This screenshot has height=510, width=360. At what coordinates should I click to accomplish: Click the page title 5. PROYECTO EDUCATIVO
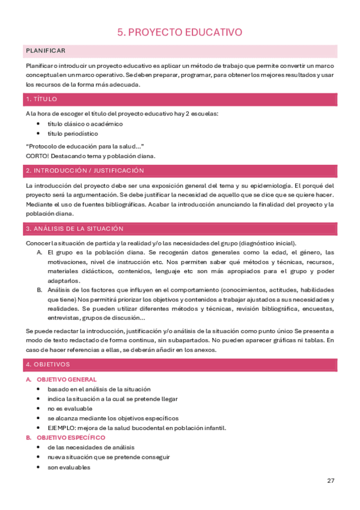click(180, 32)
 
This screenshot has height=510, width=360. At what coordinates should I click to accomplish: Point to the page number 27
click(331, 480)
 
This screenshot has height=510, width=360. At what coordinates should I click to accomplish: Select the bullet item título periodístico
click(75, 134)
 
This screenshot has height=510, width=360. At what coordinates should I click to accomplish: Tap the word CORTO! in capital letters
click(37, 156)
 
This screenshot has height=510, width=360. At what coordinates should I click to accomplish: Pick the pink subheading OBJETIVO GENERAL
click(66, 380)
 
